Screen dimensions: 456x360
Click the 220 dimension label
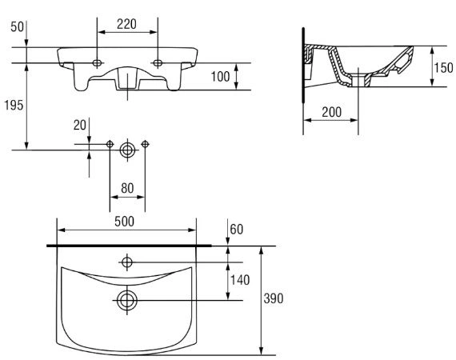(x=126, y=24)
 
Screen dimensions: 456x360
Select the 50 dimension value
(x=17, y=26)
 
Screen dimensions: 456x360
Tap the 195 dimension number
(x=14, y=105)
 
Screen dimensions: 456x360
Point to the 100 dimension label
(x=221, y=77)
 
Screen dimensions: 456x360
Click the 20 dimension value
(x=80, y=125)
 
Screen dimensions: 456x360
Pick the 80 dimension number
(x=127, y=188)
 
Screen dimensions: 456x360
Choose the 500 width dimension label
(x=125, y=222)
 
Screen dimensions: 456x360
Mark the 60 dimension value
(x=237, y=229)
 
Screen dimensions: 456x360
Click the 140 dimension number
(x=240, y=280)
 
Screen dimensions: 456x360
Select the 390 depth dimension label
(x=274, y=298)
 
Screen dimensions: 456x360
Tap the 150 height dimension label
(x=443, y=68)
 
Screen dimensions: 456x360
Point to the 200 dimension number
(x=331, y=112)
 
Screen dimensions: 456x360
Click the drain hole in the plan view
(x=127, y=300)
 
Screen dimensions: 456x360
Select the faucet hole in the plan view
(x=127, y=262)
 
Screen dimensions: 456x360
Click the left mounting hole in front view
(x=97, y=63)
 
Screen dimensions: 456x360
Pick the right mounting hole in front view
(x=158, y=63)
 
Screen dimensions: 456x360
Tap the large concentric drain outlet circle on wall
(x=127, y=150)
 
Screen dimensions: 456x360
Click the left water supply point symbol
(x=110, y=144)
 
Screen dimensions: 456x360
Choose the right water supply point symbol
(x=145, y=144)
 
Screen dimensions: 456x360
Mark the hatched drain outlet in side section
(x=358, y=81)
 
